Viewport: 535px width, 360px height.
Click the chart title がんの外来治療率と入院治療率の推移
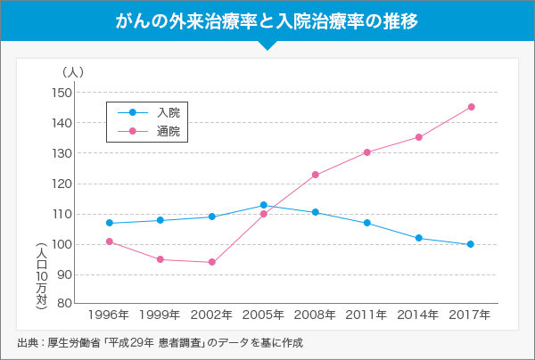pyautogui.click(x=267, y=20)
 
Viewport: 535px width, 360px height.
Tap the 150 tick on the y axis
pyautogui.click(x=61, y=93)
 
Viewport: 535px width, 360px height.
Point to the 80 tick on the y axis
pyautogui.click(x=64, y=303)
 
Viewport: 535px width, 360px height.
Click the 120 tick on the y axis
pyautogui.click(x=61, y=184)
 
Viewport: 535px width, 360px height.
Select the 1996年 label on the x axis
pyautogui.click(x=109, y=315)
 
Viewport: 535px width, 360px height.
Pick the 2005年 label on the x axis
pyautogui.click(x=264, y=315)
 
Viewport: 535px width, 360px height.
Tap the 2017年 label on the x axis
pyautogui.click(x=470, y=315)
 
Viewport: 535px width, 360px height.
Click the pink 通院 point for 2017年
pyautogui.click(x=471, y=107)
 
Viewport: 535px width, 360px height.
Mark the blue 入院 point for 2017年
pyautogui.click(x=470, y=244)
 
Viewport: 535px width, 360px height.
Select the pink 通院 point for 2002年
pyautogui.click(x=212, y=262)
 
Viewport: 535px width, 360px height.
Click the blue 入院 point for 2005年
pyautogui.click(x=264, y=205)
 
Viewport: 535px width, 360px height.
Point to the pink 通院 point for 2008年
pyautogui.click(x=316, y=175)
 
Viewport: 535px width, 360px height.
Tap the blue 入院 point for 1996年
pyautogui.click(x=109, y=223)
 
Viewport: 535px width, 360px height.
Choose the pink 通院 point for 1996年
pyautogui.click(x=109, y=241)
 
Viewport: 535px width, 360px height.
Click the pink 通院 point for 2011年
pyautogui.click(x=366, y=152)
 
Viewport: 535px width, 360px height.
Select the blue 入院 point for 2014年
pyautogui.click(x=418, y=238)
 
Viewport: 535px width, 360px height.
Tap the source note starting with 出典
pyautogui.click(x=160, y=342)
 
